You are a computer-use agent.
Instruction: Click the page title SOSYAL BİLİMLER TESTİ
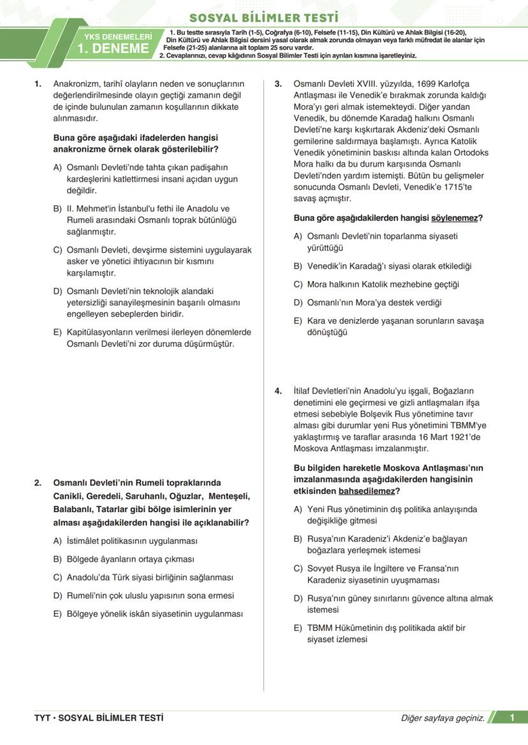(x=263, y=17)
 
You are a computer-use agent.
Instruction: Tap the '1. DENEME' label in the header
(x=114, y=49)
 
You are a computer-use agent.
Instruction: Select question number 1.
(x=38, y=84)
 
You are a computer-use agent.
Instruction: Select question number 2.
(x=38, y=483)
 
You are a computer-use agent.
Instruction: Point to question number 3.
(x=278, y=84)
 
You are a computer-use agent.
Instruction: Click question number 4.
(x=278, y=391)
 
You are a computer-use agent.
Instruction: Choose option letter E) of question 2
(x=57, y=614)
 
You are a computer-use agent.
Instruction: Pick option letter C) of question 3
(x=298, y=284)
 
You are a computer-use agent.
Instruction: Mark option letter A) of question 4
(x=298, y=509)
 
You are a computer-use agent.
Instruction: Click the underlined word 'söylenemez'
(x=454, y=218)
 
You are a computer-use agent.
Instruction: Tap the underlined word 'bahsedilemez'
(x=365, y=491)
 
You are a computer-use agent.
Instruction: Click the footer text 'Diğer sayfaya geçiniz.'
(x=443, y=718)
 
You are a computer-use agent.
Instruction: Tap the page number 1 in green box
(x=511, y=718)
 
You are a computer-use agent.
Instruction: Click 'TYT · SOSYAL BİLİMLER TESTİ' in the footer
(x=98, y=718)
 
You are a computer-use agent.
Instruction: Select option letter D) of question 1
(x=57, y=291)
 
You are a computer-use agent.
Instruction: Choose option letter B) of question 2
(x=57, y=559)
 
